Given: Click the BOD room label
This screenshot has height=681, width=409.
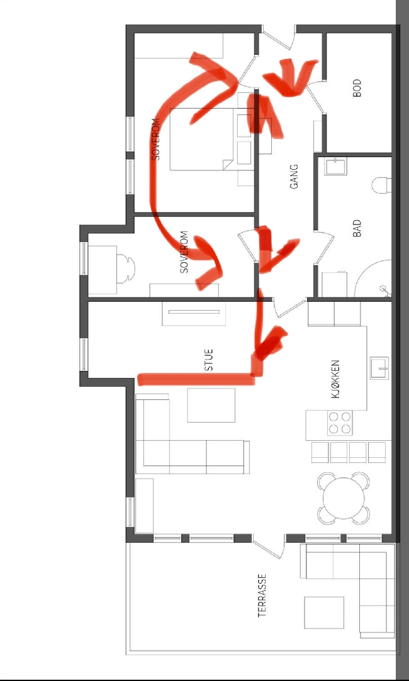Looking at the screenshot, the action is click(x=357, y=88).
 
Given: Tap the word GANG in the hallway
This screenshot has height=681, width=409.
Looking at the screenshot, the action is click(x=294, y=176).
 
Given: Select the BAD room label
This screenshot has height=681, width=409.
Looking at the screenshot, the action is click(x=357, y=228).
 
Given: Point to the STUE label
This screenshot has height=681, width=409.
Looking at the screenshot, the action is click(x=209, y=360).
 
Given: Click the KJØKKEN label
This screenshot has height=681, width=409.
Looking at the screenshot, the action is click(x=335, y=379).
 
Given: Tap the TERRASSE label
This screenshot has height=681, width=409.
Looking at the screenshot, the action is click(x=262, y=595).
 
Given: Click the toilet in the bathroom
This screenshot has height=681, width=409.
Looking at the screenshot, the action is click(x=381, y=185).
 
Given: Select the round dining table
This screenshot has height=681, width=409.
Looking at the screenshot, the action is click(x=344, y=498).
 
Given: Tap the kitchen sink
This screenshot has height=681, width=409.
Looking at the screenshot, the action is click(x=379, y=368).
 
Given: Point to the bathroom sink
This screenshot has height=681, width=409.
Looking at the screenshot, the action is click(x=335, y=167).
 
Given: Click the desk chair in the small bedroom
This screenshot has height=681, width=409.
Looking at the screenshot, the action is click(x=126, y=269).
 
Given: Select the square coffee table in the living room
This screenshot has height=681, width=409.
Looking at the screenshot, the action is click(x=211, y=405).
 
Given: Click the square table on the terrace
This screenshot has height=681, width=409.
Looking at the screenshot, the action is click(x=324, y=613).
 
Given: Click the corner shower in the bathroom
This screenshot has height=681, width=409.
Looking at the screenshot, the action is click(x=373, y=279).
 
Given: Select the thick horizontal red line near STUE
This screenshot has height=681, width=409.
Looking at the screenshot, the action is click(x=196, y=379).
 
